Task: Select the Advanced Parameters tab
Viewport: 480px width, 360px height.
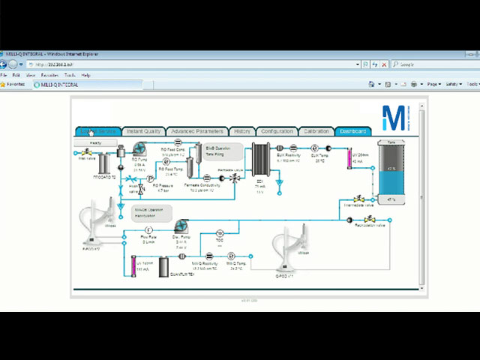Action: (196, 131)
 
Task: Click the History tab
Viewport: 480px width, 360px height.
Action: (241, 131)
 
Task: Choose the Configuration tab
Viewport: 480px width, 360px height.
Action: (277, 131)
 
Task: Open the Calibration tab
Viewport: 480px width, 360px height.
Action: (315, 131)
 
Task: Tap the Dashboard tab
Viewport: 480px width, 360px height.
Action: (352, 131)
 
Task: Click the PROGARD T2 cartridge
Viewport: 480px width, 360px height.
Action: (105, 162)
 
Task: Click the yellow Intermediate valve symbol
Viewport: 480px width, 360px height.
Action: (358, 199)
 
